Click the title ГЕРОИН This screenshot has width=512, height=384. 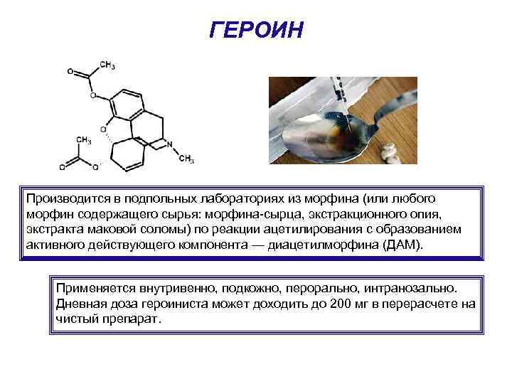coord(257,30)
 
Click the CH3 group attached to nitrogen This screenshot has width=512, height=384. coord(186,159)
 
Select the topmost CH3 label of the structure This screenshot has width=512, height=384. coord(107,65)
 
